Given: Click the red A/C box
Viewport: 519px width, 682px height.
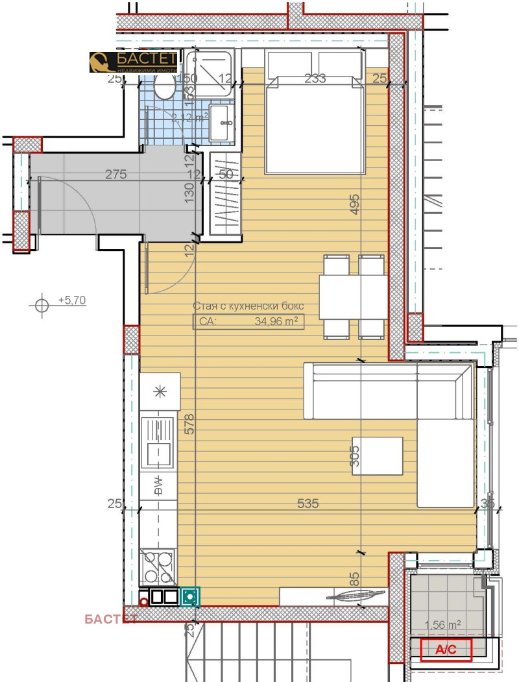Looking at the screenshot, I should coord(446,650).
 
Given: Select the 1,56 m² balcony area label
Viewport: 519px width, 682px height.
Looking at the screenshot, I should coord(442,625).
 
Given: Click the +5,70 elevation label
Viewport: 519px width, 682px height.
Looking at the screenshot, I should coord(72,300).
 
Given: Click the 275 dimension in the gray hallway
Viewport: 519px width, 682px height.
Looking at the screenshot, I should coord(115,175).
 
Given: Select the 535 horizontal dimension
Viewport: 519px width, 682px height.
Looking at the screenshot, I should coord(308,503).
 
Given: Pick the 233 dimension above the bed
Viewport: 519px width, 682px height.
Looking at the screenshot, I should coord(315,79).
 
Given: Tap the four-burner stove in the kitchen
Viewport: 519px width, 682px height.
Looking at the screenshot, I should coord(158,566).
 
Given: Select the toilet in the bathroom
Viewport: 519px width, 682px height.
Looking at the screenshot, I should coord(165,86).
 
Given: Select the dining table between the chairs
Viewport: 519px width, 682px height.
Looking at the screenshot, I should coord(353,296).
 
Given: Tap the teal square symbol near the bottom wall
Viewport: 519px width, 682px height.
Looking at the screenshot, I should coord(191,596).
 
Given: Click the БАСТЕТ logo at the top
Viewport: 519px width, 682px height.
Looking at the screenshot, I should coord(133,62).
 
